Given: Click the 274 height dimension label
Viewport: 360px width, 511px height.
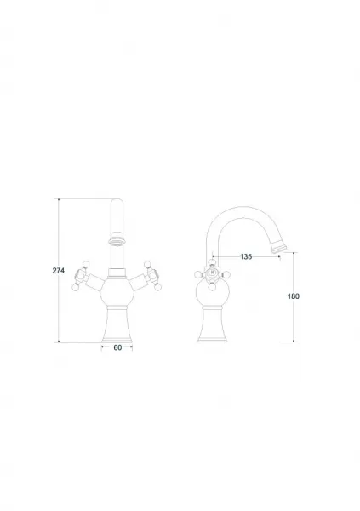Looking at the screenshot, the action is click(59, 270).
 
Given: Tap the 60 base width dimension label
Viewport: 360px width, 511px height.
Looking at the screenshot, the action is click(117, 347).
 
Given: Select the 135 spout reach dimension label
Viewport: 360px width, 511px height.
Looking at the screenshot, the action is click(246, 256).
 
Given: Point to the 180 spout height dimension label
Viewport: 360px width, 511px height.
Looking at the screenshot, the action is click(294, 296).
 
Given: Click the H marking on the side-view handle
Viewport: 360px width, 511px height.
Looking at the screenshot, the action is click(213, 272).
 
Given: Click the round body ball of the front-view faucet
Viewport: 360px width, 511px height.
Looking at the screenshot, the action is click(117, 292).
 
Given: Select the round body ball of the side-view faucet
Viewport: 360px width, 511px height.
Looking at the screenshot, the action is click(213, 293).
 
